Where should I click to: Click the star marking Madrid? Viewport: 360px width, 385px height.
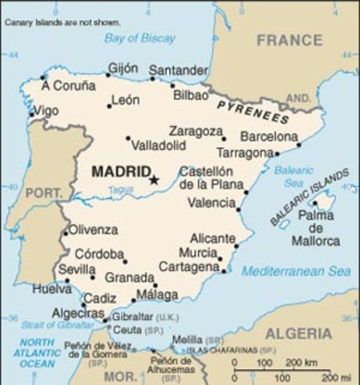(x=154, y=180)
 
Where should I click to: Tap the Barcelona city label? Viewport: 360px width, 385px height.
(x=269, y=136)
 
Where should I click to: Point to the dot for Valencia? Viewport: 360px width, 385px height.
(x=239, y=209)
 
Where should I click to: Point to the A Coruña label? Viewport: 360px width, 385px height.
(x=68, y=86)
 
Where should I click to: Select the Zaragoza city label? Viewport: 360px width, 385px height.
(x=196, y=131)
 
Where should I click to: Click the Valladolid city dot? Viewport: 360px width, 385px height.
(x=127, y=138)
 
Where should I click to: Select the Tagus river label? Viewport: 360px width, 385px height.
(x=121, y=189)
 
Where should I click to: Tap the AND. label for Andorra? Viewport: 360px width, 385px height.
(x=298, y=98)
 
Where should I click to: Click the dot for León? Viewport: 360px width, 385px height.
(x=109, y=106)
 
